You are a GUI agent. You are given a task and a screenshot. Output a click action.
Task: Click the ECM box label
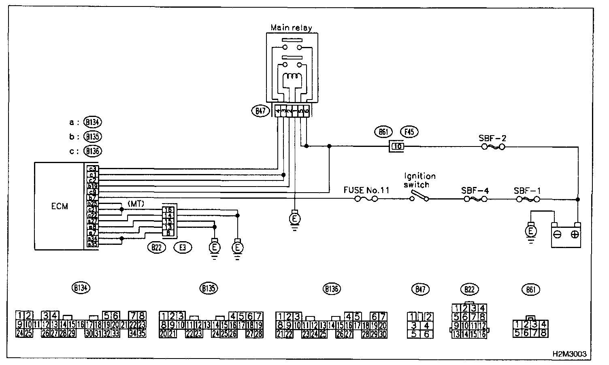60,206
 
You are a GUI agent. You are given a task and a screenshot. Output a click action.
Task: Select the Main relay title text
291,28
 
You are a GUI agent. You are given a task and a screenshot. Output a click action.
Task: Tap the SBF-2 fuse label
492,138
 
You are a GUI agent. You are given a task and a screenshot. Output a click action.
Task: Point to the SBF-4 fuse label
475,190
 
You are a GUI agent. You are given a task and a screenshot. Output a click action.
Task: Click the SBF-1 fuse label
527,190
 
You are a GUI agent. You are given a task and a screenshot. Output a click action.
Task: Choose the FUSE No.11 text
366,190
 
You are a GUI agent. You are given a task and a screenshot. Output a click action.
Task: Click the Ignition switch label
419,180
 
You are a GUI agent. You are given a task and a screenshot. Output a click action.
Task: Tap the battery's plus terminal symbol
575,235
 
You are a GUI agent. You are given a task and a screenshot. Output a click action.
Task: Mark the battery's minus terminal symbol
558,235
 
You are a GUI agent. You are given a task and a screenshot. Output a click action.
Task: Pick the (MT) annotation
136,204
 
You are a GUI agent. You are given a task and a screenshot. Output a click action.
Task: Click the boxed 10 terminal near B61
398,146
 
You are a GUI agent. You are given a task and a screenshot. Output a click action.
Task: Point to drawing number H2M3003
569,353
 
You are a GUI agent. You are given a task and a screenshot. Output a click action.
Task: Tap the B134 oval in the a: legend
93,122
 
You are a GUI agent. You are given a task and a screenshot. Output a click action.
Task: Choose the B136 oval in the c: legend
93,151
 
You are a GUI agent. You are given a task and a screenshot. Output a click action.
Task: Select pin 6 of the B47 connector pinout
426,334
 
